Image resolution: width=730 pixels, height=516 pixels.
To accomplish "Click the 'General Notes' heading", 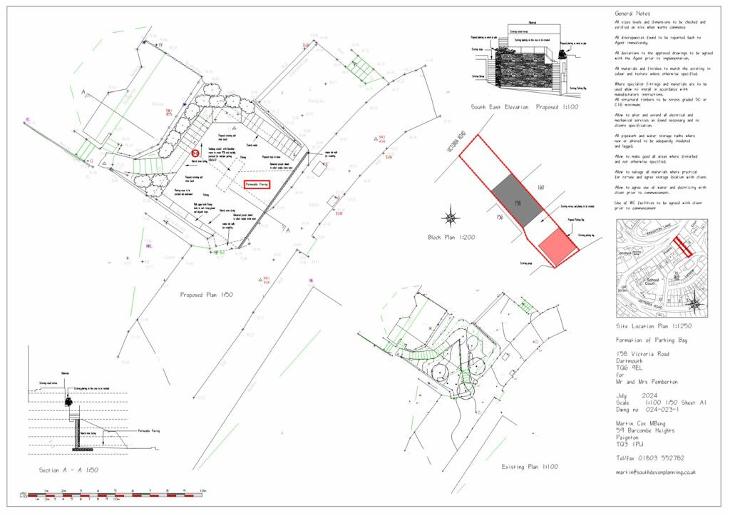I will coord(632,14).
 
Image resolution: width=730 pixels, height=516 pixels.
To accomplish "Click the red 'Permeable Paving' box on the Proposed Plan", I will coord(257,184).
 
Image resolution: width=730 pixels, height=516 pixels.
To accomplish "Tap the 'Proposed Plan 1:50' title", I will coord(207,294).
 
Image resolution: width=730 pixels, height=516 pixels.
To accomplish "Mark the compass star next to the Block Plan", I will coord(451,215).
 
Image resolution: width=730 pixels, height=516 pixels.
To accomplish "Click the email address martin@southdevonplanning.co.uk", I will coord(654,472).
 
